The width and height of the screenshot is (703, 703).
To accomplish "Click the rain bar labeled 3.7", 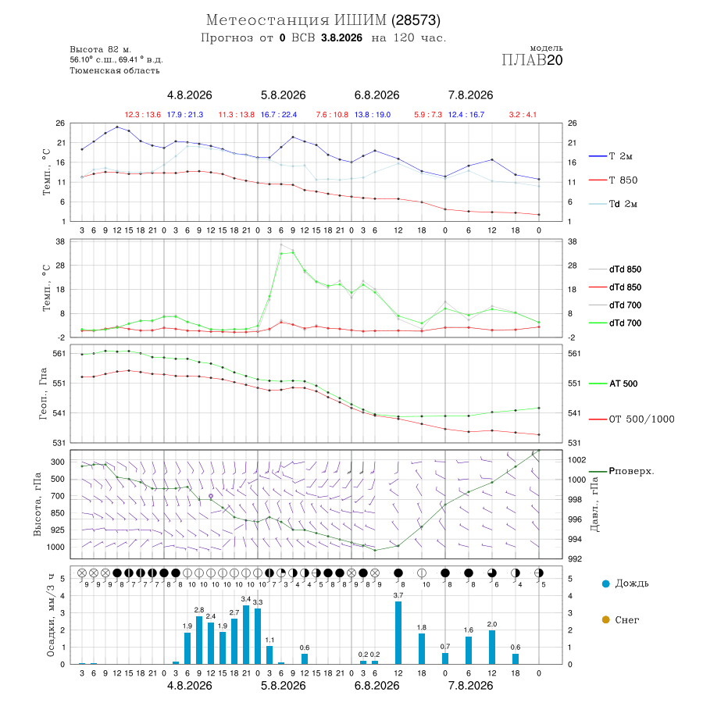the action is point(398,633).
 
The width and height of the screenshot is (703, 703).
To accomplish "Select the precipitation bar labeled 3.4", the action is point(246,634).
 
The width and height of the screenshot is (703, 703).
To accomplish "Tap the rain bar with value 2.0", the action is point(492,647).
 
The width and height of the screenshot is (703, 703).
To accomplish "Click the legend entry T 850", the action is point(613,180).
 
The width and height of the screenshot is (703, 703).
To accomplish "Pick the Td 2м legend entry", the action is point(613,204).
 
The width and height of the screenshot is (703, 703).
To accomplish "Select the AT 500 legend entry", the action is point(613,384).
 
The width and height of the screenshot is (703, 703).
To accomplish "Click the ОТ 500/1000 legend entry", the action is point(631,419).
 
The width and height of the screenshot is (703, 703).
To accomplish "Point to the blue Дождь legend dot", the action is point(605,583).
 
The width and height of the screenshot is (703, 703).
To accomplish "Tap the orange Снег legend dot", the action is point(605,620).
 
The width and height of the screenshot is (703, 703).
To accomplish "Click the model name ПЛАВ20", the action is point(532,60).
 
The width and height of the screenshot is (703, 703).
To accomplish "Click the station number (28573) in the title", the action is point(416,20).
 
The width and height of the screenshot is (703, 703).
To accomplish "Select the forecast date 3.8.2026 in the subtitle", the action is point(341,37).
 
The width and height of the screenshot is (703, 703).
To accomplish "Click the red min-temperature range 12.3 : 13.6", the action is point(143,115).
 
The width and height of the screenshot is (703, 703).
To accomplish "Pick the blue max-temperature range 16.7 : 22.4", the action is point(279,115).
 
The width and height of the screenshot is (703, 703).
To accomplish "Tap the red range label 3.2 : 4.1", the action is point(523,115).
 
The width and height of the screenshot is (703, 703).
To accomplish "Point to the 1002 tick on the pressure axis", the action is point(576,459).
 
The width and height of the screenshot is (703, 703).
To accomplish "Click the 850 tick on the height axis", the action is point(57,513).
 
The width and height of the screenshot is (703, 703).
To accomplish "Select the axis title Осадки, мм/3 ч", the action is point(51,616).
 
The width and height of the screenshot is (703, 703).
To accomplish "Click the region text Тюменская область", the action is point(115,71).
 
